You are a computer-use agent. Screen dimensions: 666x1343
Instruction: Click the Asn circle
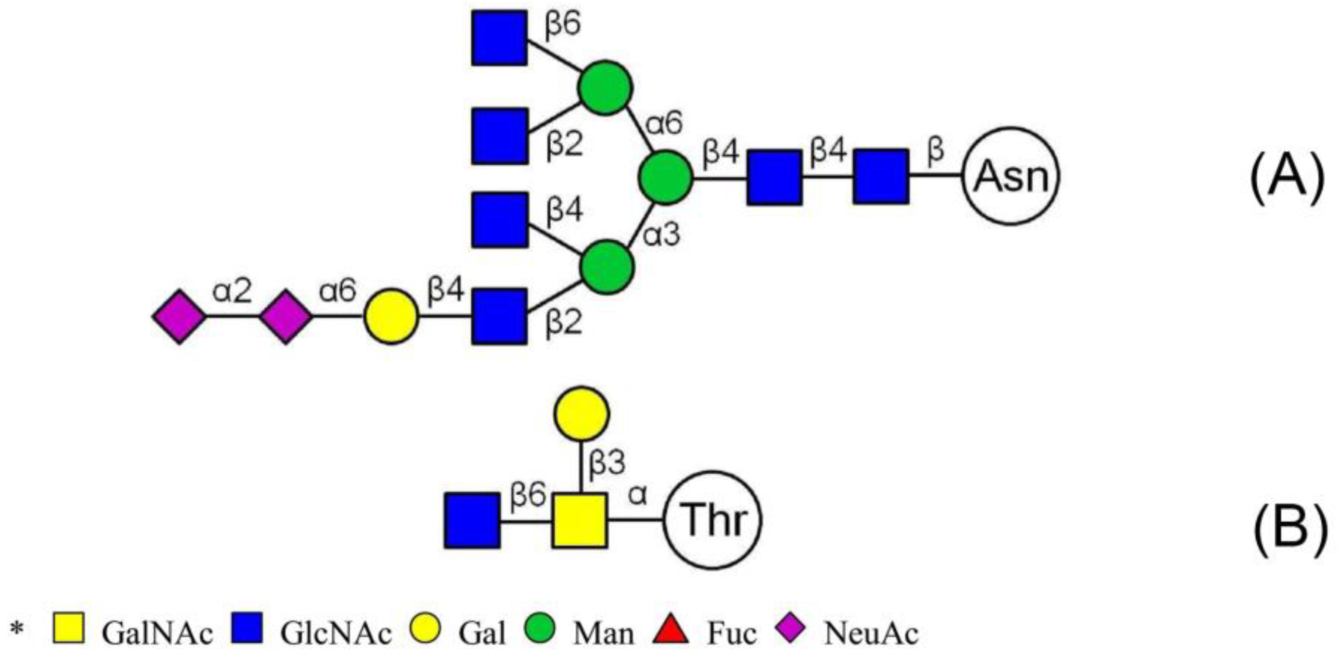click(x=1011, y=176)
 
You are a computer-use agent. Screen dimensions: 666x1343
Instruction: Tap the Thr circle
click(x=713, y=520)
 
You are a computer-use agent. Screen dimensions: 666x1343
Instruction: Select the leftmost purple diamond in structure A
click(x=179, y=317)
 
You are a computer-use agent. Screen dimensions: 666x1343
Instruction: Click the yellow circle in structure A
click(x=391, y=317)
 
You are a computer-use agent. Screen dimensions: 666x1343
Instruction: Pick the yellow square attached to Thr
click(x=580, y=520)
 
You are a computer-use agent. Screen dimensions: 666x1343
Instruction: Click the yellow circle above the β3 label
click(x=581, y=413)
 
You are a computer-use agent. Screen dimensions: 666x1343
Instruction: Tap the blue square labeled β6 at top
click(x=499, y=37)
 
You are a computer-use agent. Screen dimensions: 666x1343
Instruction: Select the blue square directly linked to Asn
click(x=881, y=176)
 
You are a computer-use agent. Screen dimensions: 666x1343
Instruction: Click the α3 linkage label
click(x=661, y=235)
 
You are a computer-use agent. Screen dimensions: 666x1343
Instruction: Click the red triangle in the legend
click(x=671, y=630)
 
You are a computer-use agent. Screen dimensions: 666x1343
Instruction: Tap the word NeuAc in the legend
click(x=871, y=634)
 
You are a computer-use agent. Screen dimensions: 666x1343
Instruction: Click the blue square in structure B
click(x=472, y=520)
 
